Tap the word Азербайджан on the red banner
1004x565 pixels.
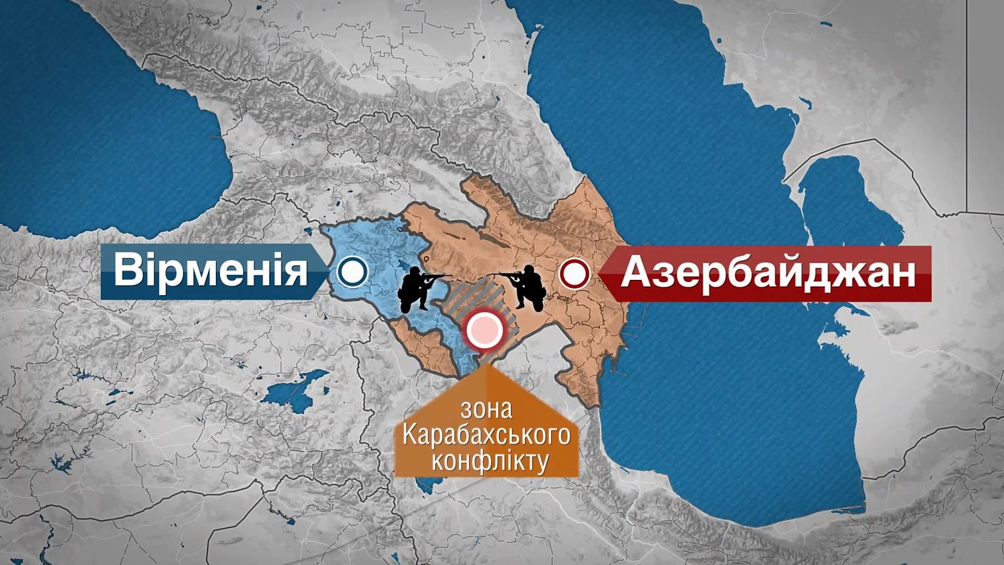(768, 274)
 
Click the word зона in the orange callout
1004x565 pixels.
(486, 410)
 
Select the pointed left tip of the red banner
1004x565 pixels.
(601, 274)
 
